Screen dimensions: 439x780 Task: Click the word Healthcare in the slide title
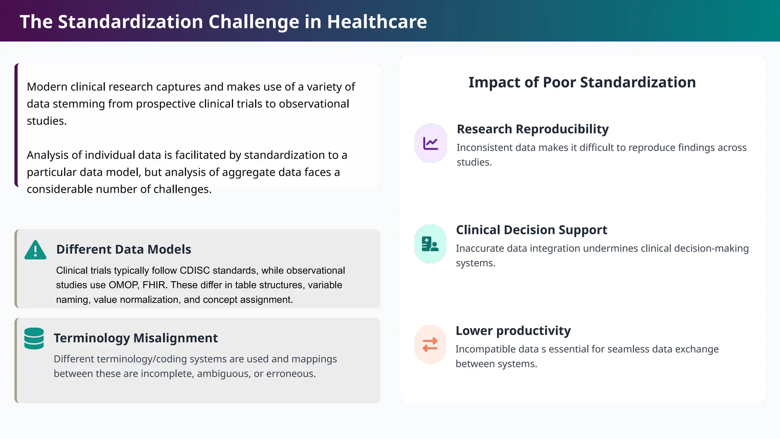(377, 22)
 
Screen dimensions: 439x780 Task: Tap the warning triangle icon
(35, 250)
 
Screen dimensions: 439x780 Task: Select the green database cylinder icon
(34, 338)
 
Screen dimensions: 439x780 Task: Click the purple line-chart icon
(430, 143)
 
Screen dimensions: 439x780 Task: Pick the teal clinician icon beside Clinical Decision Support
(430, 244)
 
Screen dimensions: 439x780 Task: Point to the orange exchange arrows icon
(430, 344)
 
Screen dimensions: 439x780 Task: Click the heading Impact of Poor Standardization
(582, 82)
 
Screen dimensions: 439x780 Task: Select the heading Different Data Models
(123, 249)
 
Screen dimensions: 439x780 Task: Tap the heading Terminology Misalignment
(136, 338)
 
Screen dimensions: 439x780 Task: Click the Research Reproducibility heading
(532, 129)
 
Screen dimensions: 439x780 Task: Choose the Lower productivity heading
(513, 331)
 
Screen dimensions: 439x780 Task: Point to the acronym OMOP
(123, 285)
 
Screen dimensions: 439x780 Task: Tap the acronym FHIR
(155, 285)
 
